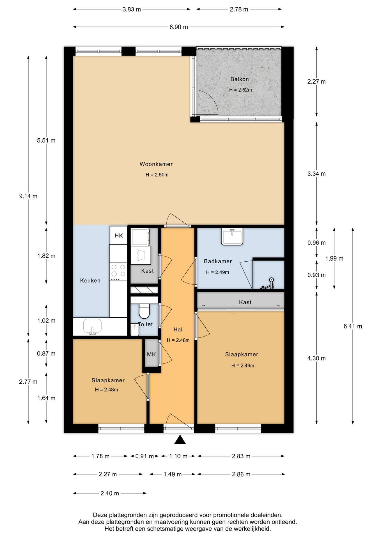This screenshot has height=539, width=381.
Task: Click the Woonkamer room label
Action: [156, 164]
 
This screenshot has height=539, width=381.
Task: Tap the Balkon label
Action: [239, 79]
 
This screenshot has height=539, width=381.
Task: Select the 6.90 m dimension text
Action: [179, 27]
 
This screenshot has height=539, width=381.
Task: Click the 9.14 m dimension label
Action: [28, 196]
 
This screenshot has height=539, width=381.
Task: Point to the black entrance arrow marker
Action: [180, 440]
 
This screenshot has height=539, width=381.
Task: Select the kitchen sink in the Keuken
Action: [92, 326]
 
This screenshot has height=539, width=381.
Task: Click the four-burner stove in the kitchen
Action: [118, 271]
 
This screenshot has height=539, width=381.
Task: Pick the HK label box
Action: [119, 235]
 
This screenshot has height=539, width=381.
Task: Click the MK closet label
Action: [151, 354]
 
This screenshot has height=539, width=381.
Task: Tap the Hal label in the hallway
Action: [178, 330]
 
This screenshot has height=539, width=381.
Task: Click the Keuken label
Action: [90, 280]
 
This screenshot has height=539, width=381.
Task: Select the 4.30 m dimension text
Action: [316, 358]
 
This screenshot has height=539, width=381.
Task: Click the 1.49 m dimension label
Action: [173, 474]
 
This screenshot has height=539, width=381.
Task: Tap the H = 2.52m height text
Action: [240, 90]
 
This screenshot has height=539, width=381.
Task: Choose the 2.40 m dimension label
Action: [110, 493]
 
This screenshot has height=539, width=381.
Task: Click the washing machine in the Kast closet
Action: [140, 237]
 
